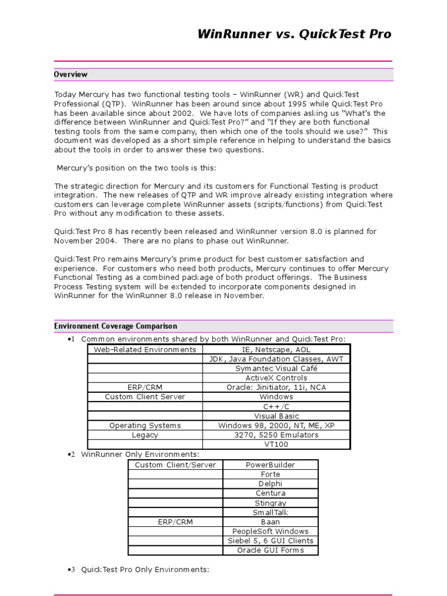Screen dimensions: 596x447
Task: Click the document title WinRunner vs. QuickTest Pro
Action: tap(295, 34)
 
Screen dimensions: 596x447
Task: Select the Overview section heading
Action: tap(71, 74)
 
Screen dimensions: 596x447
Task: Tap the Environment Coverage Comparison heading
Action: tap(115, 327)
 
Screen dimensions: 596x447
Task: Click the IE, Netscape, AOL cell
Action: tap(276, 349)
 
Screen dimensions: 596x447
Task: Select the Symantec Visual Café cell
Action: tap(276, 368)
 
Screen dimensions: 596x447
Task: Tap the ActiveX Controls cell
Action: tap(276, 378)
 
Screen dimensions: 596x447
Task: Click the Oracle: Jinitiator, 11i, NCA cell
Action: tap(276, 387)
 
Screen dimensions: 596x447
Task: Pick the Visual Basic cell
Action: tap(276, 416)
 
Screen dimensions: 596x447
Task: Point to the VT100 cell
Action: tap(276, 444)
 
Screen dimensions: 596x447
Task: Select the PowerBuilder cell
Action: tap(270, 464)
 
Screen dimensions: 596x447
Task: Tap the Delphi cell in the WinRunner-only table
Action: tap(270, 484)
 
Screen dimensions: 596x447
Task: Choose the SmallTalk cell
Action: tap(270, 512)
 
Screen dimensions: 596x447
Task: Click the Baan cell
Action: tap(270, 521)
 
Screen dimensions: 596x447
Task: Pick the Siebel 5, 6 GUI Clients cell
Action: tap(270, 541)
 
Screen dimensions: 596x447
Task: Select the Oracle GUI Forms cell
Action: tap(270, 550)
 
